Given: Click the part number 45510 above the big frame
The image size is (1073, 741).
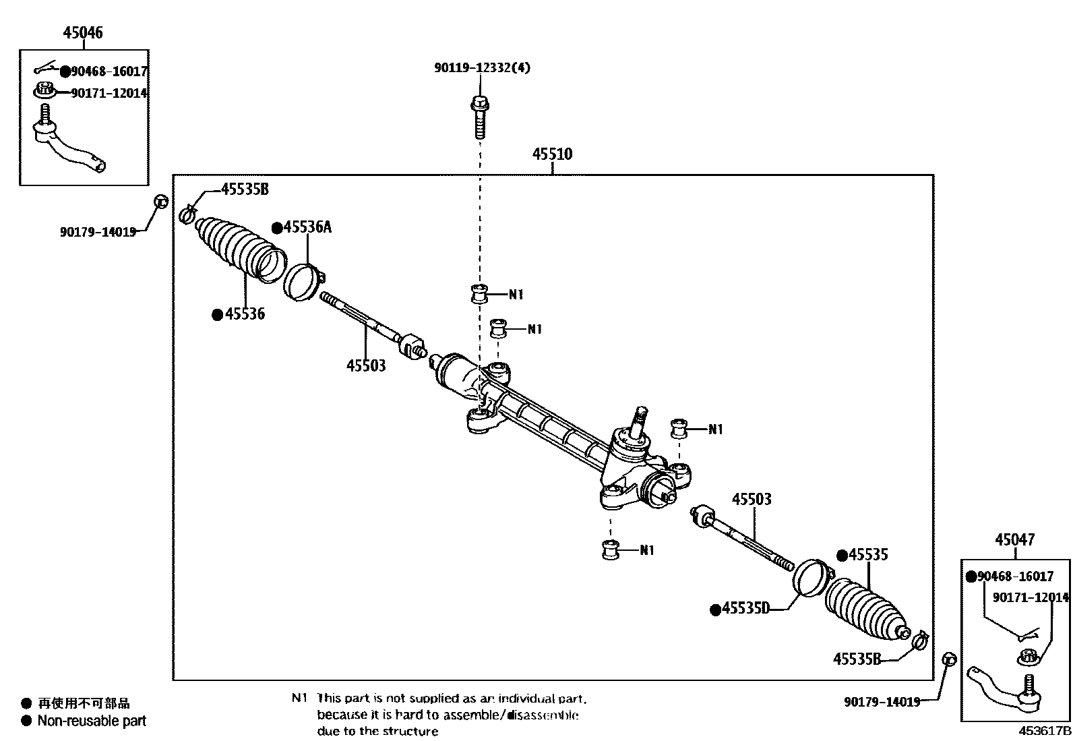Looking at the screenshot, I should [552, 154].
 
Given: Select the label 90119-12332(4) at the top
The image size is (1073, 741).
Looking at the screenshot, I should [482, 67].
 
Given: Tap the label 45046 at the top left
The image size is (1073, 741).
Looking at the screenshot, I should [83, 32].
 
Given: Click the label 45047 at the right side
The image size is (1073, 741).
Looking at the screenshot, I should [1015, 539].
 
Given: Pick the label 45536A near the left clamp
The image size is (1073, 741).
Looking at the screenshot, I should [307, 227].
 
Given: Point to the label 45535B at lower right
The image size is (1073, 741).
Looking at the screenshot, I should [857, 659].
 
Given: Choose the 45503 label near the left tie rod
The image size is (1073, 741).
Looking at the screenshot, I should [366, 365].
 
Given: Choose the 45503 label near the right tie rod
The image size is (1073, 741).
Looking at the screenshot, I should [752, 500].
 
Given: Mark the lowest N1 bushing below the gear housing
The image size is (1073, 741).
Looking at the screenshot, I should [610, 550].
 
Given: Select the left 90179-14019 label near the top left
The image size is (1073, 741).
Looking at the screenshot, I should [98, 232].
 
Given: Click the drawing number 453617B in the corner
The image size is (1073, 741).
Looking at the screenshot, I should [1044, 730].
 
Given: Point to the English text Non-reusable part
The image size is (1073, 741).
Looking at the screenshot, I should [92, 721].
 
